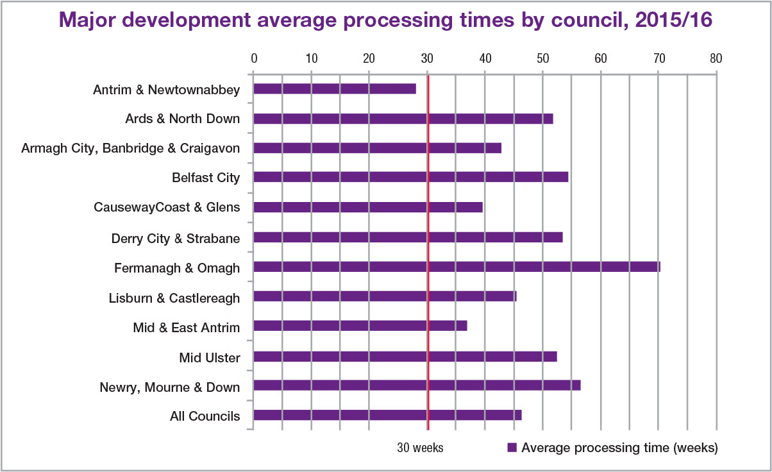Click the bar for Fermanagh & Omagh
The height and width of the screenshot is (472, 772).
pos(457,267)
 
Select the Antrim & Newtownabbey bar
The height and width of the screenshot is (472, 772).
pos(334,89)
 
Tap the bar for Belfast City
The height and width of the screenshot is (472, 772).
pos(410,178)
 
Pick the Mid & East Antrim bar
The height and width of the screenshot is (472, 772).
pos(360,326)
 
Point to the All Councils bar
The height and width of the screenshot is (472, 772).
pos(387,415)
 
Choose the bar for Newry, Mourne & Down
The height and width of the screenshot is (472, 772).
pos(417,385)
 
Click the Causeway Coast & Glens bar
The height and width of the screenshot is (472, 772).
pos(367,207)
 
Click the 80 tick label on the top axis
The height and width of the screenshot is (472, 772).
pos(716,58)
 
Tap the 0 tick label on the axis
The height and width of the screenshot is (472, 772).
pos(254,58)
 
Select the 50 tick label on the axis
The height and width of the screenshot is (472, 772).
pos(542,58)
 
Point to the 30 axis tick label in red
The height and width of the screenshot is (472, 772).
pos(427,58)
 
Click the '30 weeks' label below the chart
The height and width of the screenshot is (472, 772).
pos(420,448)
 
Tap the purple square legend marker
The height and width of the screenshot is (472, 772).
pos(512,448)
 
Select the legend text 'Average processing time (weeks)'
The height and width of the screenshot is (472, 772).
pos(619,448)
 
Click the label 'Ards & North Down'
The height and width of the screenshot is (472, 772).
pos(183,119)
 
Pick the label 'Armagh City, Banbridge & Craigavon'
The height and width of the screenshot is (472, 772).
pos(131,148)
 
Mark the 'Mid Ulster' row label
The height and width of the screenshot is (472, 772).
pos(210,357)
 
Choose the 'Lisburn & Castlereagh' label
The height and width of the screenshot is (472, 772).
pos(174,298)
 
